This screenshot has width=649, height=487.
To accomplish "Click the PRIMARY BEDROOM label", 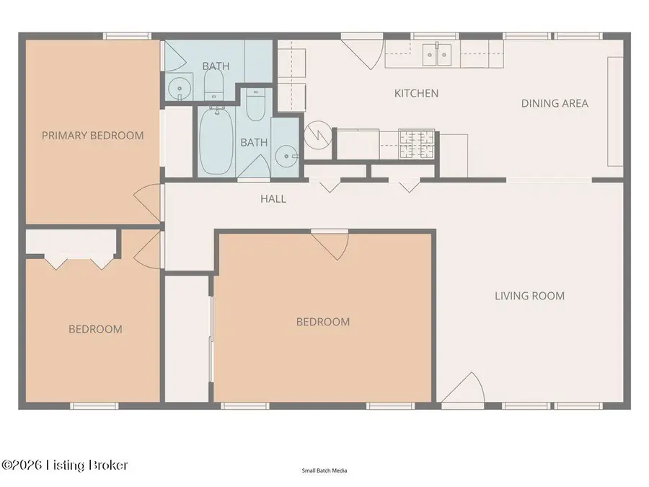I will point(92,135).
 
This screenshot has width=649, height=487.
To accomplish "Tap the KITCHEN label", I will point(416,93).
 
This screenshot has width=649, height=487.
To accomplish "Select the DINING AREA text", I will point(555,103).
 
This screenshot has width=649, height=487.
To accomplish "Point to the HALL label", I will point(273,198).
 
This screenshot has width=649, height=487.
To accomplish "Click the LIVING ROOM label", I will point(529,296).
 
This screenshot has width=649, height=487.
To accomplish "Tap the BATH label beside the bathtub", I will point(254,142).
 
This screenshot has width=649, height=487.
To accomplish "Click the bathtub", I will point(216,141).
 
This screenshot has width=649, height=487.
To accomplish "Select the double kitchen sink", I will point(437,53).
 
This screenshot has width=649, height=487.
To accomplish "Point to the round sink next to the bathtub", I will point(288,155).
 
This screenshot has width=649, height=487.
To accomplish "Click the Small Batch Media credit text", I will point(324,470).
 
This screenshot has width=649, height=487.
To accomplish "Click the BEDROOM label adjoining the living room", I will point(323,322).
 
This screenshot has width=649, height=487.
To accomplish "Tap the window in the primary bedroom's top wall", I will point(125,35).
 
